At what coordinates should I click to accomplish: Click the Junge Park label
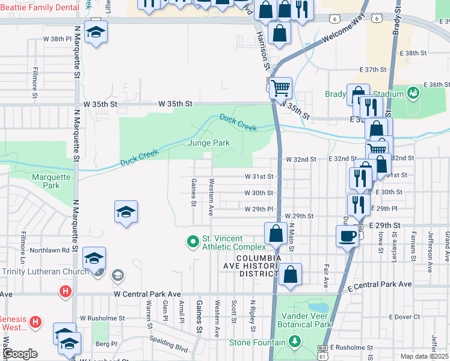(x=209, y=143)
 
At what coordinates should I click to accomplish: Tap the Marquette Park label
(x=51, y=181)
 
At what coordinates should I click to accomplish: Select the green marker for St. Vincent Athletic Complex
(x=193, y=242)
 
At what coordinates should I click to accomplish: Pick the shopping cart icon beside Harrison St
(x=280, y=88)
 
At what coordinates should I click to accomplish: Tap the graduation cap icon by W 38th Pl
(x=95, y=32)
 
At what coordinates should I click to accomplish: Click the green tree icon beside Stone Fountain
(x=294, y=342)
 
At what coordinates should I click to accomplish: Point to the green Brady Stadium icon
(x=413, y=93)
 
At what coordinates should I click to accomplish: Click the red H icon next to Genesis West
(x=35, y=322)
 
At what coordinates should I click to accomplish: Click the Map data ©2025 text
(x=425, y=356)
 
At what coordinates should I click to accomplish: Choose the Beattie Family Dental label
(x=40, y=7)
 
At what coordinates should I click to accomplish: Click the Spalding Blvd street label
(x=170, y=342)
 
